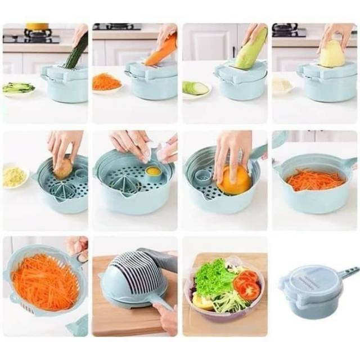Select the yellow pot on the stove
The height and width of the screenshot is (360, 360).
point(37,26)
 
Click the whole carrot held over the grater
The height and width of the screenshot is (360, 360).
point(162,51)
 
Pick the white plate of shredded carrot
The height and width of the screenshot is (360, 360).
point(107,83)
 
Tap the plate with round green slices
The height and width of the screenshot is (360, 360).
point(195,89)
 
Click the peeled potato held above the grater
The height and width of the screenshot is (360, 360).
point(332,54)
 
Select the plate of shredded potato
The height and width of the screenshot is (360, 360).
point(282,86)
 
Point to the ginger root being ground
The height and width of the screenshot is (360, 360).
point(63,168)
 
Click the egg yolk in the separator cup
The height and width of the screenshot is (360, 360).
point(152,170)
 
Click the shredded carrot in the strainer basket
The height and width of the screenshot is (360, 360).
point(45,281)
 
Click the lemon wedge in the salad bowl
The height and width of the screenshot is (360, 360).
point(201,302)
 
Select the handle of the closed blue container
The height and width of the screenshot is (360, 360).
point(347,274)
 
